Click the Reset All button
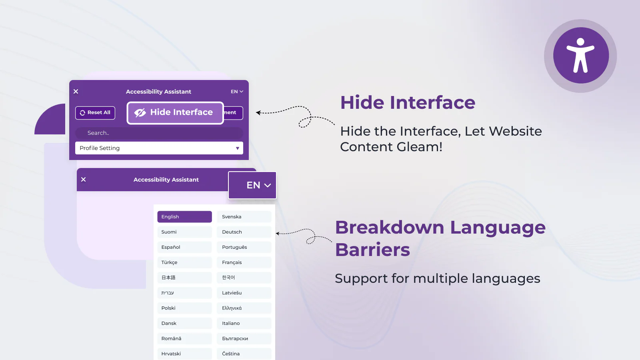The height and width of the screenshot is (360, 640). click(x=95, y=113)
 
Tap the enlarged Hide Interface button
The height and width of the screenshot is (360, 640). click(x=175, y=113)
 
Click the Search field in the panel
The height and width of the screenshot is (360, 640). click(x=159, y=133)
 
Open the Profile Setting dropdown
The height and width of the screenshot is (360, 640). click(x=159, y=148)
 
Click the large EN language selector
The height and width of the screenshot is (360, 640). click(x=252, y=185)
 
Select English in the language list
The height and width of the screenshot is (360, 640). click(x=184, y=217)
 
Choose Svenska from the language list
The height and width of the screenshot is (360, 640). click(x=244, y=217)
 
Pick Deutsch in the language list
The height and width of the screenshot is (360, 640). click(x=244, y=232)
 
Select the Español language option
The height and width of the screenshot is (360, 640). click(x=184, y=247)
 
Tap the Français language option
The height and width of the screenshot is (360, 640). click(x=244, y=262)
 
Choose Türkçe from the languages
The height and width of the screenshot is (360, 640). click(x=184, y=262)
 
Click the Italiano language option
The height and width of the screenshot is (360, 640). click(x=244, y=323)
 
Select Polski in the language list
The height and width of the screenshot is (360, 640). click(x=184, y=308)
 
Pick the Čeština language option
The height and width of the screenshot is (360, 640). click(x=244, y=354)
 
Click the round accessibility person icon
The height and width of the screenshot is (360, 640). click(x=581, y=56)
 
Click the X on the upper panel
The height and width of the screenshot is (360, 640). click(x=76, y=92)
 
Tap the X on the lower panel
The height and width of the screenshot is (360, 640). click(x=84, y=180)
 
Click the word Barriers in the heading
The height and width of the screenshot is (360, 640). click(x=372, y=250)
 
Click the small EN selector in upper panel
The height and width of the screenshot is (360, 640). click(x=237, y=92)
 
